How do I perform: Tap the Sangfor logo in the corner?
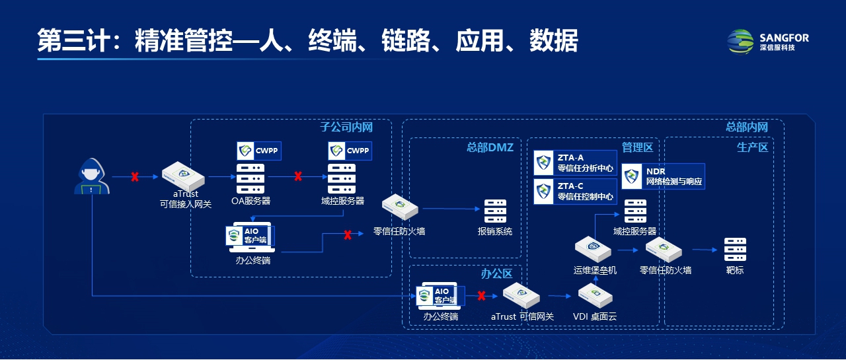(x=767, y=41)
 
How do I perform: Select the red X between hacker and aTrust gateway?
(x=135, y=177)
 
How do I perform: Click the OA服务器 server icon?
(x=250, y=178)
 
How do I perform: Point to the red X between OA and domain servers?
(x=298, y=176)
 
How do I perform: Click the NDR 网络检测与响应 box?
(x=663, y=176)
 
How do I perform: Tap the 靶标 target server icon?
(x=734, y=250)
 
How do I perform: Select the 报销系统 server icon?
(x=495, y=211)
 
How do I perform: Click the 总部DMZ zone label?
(x=490, y=147)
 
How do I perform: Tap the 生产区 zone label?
(x=752, y=147)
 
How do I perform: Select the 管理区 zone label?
(x=637, y=147)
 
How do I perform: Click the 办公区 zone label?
(x=496, y=273)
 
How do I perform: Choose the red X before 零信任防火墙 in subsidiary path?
(x=347, y=234)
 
